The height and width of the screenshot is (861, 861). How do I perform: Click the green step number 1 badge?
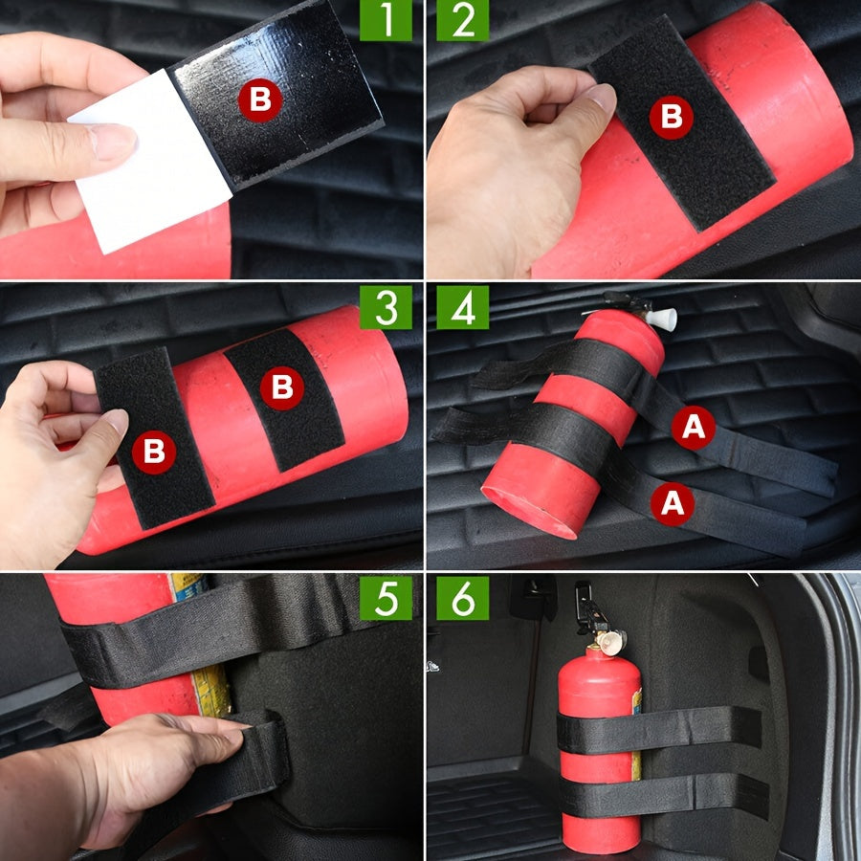click(x=386, y=21)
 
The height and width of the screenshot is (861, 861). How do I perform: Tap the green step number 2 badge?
click(x=462, y=21)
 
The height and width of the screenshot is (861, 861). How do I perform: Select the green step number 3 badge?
click(x=386, y=307)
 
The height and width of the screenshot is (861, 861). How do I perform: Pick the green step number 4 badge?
click(x=462, y=307)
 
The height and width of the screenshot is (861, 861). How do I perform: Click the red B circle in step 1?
click(x=260, y=99)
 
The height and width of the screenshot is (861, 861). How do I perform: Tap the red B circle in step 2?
click(x=671, y=117)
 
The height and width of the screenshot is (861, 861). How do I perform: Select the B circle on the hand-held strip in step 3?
click(x=153, y=453)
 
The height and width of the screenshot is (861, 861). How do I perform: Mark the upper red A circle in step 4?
click(x=693, y=430)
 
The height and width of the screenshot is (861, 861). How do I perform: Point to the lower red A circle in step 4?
click(x=673, y=501)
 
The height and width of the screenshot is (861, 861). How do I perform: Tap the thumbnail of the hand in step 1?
click(x=112, y=143)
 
